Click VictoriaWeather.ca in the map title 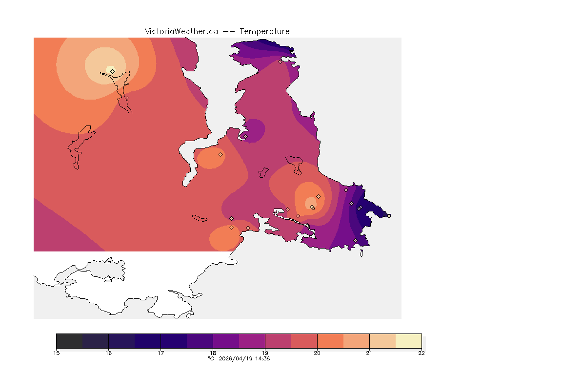pos(181,31)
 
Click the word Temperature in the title pos(265,31)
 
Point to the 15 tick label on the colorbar pos(56,353)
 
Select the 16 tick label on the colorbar pos(108,353)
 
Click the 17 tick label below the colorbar pos(161,353)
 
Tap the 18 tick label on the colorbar pos(213,353)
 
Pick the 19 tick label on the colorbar pos(265,353)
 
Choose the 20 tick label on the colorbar pos(317,353)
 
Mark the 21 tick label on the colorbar pos(369,353)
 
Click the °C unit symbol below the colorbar pos(211,358)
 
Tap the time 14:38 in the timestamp pos(262,358)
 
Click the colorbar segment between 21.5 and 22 pos(408,341)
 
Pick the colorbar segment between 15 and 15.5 pos(69,341)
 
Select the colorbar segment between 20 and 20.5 pos(330,341)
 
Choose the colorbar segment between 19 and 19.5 pos(278,341)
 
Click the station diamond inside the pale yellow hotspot pos(112,71)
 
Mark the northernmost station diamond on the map pos(280,62)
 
